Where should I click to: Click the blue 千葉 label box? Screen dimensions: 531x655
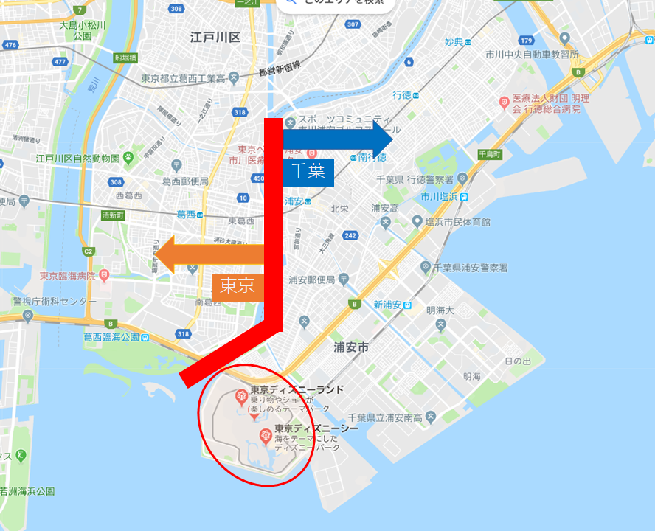tap(308, 172)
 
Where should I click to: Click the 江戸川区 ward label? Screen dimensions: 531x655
tap(215, 36)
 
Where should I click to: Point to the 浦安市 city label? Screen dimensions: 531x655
tap(351, 347)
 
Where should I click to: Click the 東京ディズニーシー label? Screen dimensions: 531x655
tap(316, 428)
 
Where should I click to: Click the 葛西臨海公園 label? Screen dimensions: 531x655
tap(111, 337)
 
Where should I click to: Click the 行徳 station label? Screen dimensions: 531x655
tap(402, 95)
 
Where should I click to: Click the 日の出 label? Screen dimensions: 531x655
tap(517, 361)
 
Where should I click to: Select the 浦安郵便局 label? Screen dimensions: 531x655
tap(311, 280)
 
